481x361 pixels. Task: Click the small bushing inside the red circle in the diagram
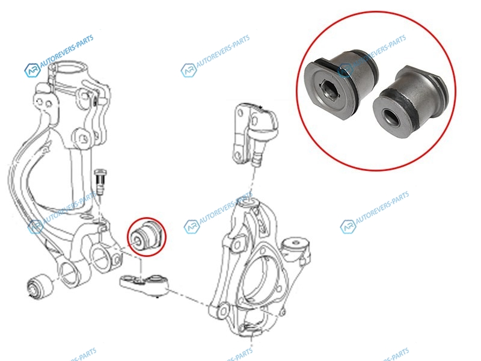pyautogui.click(x=146, y=235)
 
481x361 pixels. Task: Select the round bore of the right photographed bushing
pyautogui.click(x=391, y=118)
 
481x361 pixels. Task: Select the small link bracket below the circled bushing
pyautogui.click(x=144, y=284)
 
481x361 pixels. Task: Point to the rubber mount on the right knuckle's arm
pyautogui.click(x=295, y=245)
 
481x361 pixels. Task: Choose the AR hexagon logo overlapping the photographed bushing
pyautogui.click(x=345, y=70)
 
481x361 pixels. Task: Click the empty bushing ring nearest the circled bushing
pyautogui.click(x=101, y=257)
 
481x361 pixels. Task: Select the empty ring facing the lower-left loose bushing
pyautogui.click(x=69, y=272)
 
